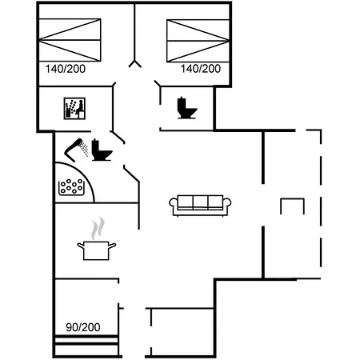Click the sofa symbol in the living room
click(200, 205)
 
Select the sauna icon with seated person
click(74, 108)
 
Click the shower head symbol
click(77, 150)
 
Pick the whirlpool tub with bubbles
click(71, 186)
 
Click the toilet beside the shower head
click(102, 150)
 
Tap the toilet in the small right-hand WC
click(187, 108)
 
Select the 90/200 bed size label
click(83, 327)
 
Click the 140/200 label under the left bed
click(66, 69)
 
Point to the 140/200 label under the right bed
click(201, 69)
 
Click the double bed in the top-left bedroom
click(70, 40)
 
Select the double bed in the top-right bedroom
click(198, 41)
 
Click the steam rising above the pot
click(98, 227)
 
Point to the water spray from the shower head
click(85, 150)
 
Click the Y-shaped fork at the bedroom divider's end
click(135, 64)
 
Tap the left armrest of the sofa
click(174, 203)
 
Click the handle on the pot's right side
click(112, 246)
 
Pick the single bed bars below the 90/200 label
click(86, 345)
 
